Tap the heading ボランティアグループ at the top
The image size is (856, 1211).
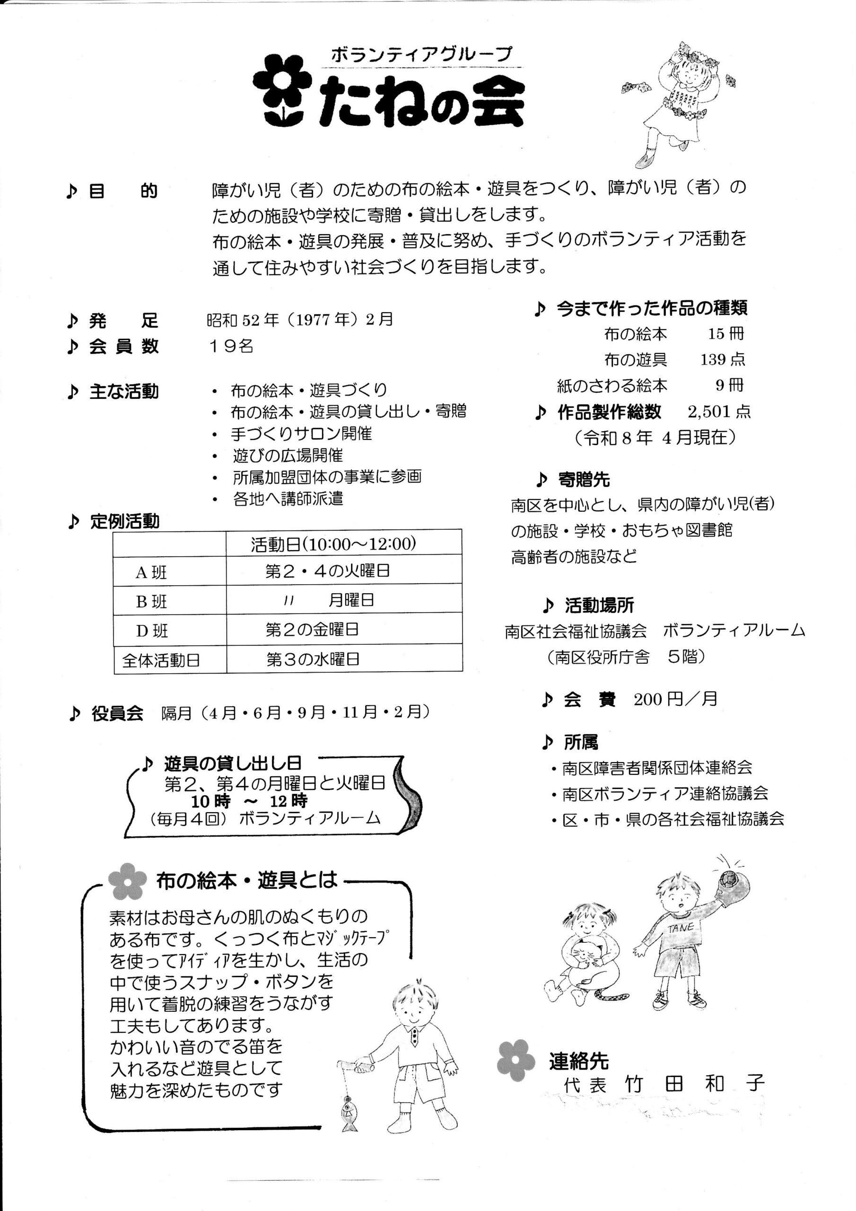[x=421, y=55]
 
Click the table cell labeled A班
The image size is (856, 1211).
[x=151, y=572]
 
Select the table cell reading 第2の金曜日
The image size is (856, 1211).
[x=312, y=629]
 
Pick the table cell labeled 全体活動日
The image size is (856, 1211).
[x=161, y=660]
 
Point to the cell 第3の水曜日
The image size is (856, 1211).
[x=313, y=659]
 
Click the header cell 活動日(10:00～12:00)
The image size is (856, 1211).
[x=333, y=544]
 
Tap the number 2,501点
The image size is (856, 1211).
[x=719, y=412]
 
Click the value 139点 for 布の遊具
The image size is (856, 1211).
[x=722, y=360]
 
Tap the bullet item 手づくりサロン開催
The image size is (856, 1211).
[x=301, y=434]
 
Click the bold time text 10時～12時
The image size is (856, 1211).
[x=249, y=801]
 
